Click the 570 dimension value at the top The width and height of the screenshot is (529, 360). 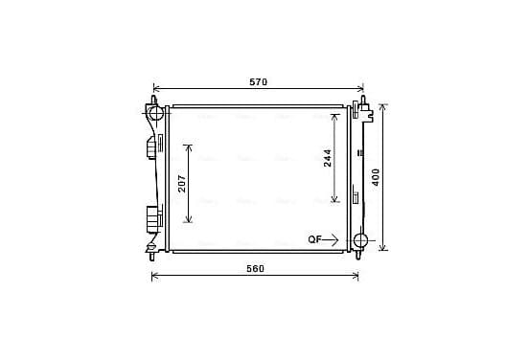pyautogui.click(x=258, y=82)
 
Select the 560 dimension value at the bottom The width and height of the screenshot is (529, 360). pyautogui.click(x=255, y=269)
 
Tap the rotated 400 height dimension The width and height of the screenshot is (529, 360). pyautogui.click(x=376, y=177)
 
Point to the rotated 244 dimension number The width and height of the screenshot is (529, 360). pyautogui.click(x=327, y=158)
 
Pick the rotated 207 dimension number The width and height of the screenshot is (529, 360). pyautogui.click(x=182, y=184)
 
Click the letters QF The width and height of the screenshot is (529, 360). pyautogui.click(x=314, y=239)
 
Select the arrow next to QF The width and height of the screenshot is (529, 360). pyautogui.click(x=331, y=239)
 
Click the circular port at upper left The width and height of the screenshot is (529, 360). pyautogui.click(x=156, y=113)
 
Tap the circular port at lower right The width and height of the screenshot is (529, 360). pyautogui.click(x=360, y=241)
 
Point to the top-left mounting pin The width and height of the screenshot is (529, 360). pyautogui.click(x=153, y=101)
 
